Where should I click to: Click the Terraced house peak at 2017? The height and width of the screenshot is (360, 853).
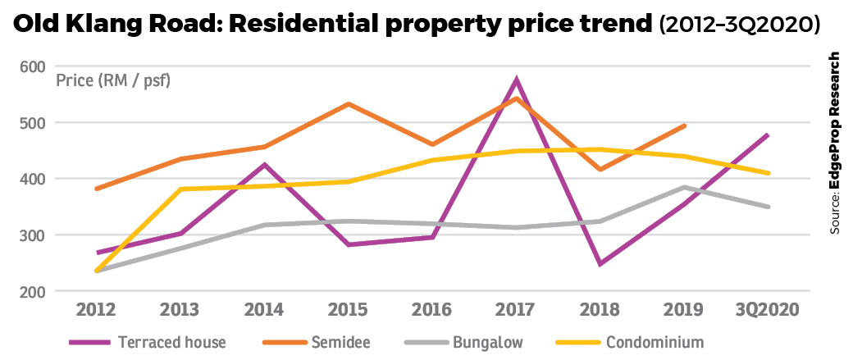[x=517, y=80]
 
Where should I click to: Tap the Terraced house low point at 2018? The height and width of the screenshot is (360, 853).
[x=600, y=264]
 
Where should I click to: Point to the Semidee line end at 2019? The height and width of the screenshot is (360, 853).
[x=684, y=125]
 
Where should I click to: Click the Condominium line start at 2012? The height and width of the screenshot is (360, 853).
[x=97, y=271]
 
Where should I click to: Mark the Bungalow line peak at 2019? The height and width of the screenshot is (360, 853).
[x=684, y=187]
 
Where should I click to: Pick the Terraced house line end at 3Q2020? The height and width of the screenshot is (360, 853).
[x=768, y=134]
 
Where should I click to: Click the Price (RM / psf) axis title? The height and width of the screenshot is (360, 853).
[x=112, y=80]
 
